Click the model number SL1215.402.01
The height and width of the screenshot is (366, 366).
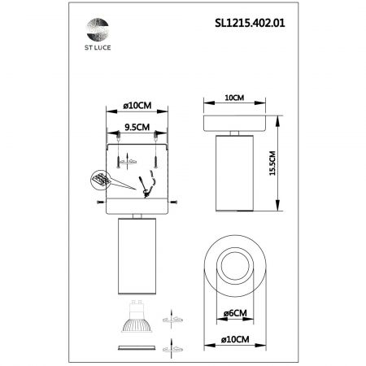250,23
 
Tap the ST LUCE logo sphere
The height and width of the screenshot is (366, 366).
98,29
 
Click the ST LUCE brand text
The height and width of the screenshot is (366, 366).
98,48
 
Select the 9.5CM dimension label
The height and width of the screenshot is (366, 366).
137,127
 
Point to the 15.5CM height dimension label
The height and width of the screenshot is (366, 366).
272,163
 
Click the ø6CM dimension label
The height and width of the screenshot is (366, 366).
235,313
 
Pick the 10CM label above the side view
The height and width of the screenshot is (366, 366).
234,98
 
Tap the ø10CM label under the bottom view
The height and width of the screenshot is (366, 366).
235,339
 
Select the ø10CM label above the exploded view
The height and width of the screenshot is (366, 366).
137,106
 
